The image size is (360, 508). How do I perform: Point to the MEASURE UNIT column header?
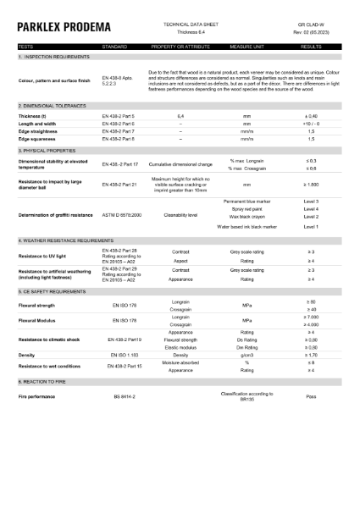click(x=246, y=47)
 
